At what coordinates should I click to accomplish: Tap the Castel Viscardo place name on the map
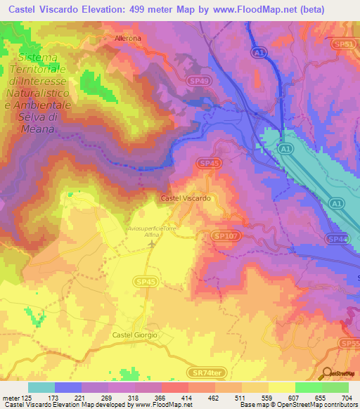point(186,199)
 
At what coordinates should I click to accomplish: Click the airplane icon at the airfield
point(153,244)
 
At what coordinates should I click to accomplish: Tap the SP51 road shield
point(344,44)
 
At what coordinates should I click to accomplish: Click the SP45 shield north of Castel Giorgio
point(143,280)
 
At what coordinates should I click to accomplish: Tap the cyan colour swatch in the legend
point(41,387)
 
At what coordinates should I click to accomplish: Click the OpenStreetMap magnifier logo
point(326,374)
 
